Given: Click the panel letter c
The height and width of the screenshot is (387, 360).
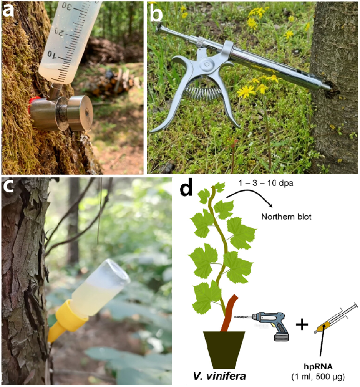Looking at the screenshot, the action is (x=8, y=186).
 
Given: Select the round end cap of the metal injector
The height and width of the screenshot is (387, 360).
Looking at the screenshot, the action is (x=80, y=113).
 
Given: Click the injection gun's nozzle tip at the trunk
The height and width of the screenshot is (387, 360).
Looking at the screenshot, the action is (x=328, y=86).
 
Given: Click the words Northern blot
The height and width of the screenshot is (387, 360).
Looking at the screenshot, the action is (x=286, y=217).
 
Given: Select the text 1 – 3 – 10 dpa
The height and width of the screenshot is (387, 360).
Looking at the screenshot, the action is (x=266, y=183).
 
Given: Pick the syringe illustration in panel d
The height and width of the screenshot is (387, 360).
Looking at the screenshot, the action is (x=336, y=318).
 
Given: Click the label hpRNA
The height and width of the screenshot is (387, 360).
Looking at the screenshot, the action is (x=318, y=367).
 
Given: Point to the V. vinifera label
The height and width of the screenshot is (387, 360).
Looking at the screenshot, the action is (x=219, y=376).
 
